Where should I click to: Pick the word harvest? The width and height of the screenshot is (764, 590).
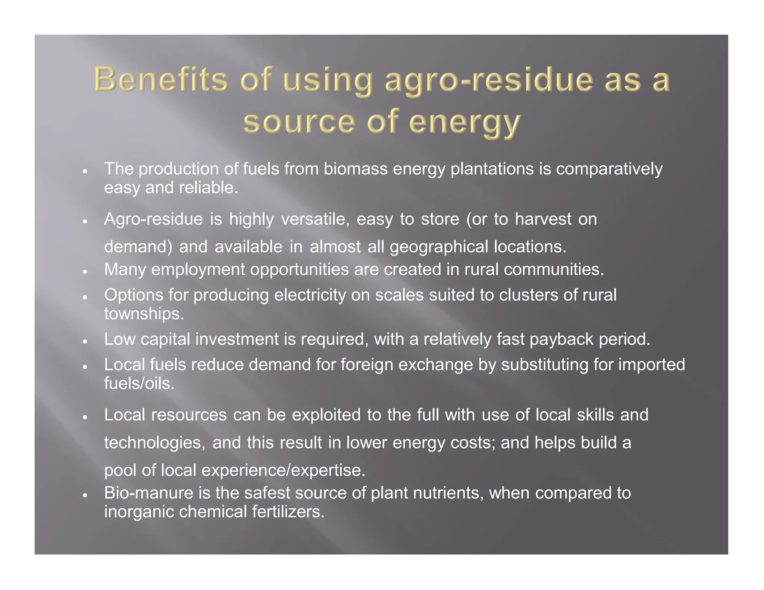543,219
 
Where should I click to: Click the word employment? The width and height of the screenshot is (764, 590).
198,270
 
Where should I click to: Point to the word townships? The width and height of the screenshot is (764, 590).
144,314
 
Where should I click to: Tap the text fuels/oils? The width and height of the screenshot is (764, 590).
139,383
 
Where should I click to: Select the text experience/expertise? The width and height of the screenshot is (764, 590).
283,470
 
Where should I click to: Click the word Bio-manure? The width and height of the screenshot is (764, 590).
148,493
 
